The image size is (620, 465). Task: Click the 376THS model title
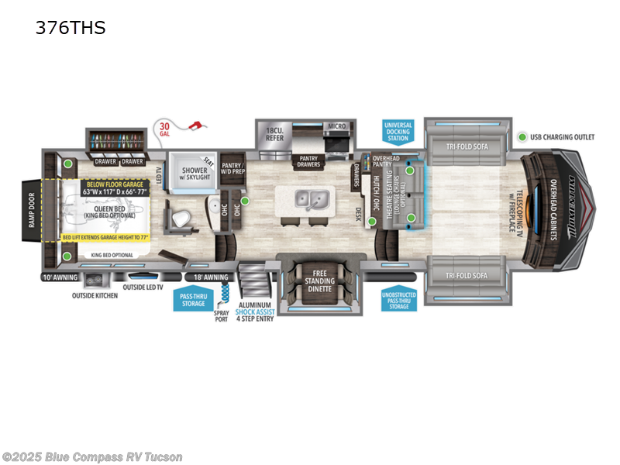(70, 29)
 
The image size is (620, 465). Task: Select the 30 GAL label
(164, 129)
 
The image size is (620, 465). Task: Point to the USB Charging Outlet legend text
(563, 137)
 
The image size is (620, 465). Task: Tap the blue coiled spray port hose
(226, 293)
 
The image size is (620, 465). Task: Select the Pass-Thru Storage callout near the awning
(193, 298)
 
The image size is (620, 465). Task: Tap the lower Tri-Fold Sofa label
(466, 276)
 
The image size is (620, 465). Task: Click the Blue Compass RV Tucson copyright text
(92, 456)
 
